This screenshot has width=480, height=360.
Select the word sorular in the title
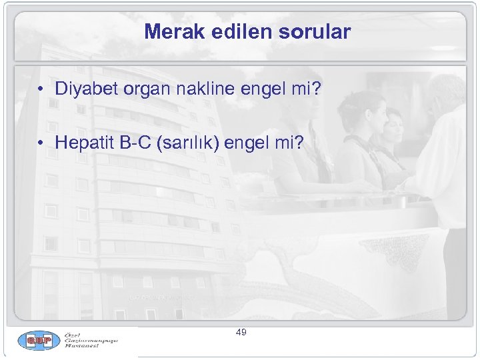coord(316,31)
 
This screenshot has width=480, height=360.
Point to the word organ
coord(142,89)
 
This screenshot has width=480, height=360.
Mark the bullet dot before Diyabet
coord(41,89)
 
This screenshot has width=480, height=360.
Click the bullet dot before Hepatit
coord(41,143)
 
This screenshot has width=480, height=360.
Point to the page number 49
coord(241,331)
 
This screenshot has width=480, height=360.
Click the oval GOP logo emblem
coord(37,341)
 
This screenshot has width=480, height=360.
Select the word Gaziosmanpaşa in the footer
coord(91,341)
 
